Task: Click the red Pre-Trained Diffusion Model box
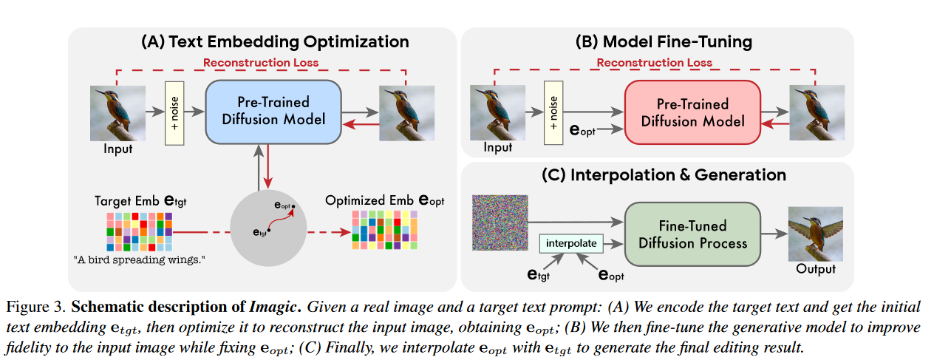coord(692,112)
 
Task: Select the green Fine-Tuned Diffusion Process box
coord(692,234)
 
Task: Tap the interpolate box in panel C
coord(572,242)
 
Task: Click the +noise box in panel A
coord(174,112)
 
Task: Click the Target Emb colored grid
coord(139,231)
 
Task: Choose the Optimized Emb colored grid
coord(385,231)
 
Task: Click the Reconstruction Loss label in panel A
coord(260,62)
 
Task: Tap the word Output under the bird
coord(815,269)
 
